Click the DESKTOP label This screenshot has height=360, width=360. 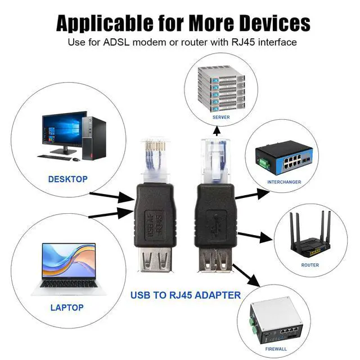67,179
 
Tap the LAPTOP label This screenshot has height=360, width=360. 67,308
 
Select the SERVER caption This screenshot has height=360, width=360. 221,117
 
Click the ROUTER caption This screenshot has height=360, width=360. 310,265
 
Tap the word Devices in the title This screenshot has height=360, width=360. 273,23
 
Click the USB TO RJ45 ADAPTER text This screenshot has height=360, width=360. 186,295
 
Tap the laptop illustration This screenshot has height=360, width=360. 67,269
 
